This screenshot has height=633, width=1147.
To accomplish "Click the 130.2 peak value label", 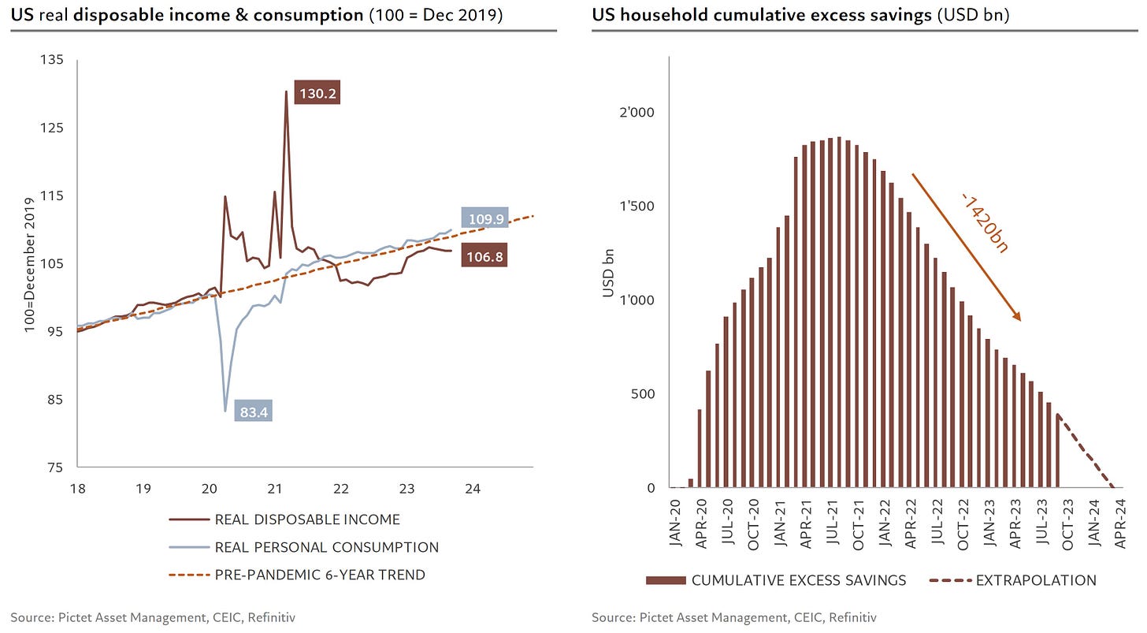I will click(x=317, y=93).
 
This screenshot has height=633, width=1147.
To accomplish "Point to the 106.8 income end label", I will click(x=484, y=255).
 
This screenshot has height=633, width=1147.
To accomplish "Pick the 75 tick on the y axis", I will click(x=58, y=467).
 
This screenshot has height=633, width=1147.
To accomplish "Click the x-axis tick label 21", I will click(x=275, y=488).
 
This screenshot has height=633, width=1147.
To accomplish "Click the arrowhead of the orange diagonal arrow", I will click(x=1018, y=318).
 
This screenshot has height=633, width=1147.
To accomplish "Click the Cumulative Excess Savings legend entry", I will click(x=798, y=581).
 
